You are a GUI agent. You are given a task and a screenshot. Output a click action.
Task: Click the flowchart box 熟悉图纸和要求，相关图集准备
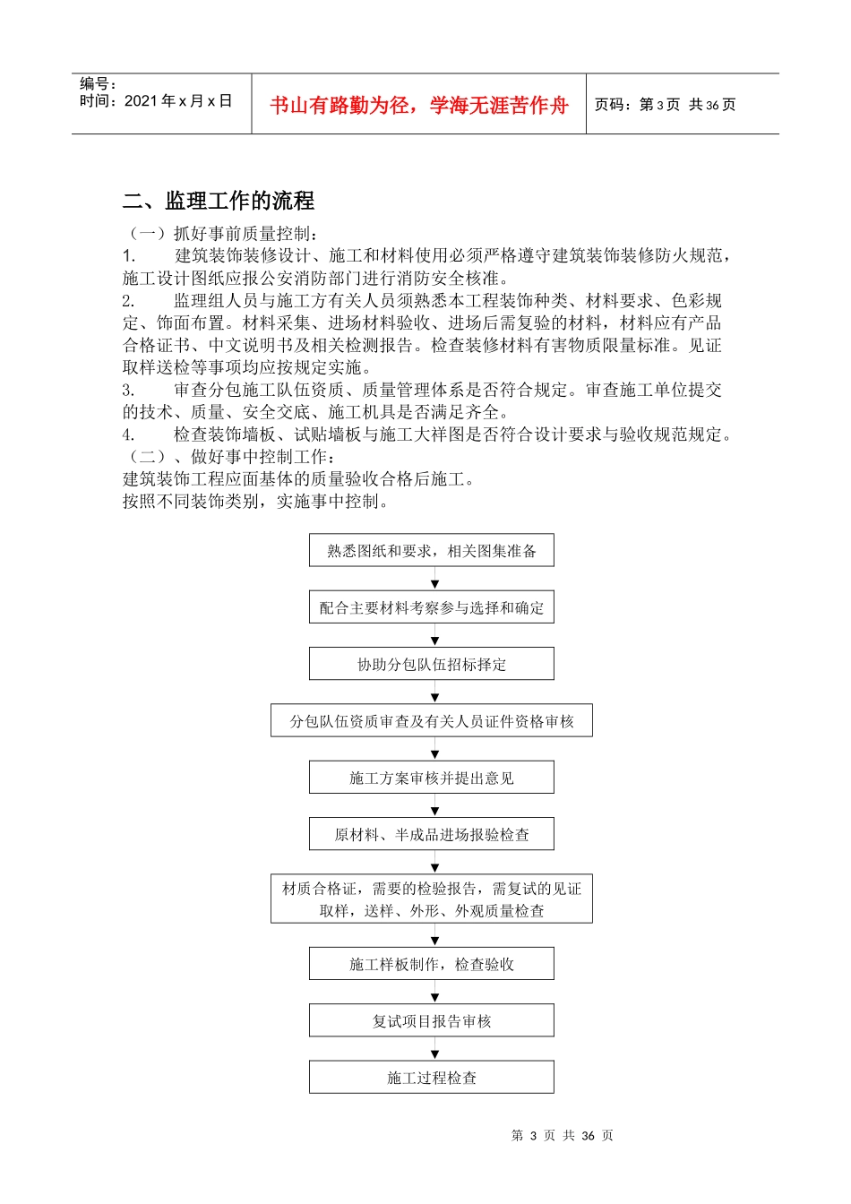pos(432,551)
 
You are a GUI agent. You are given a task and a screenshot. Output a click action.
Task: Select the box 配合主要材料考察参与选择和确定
pos(432,607)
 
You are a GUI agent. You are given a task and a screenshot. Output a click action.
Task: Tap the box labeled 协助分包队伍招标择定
pos(432,664)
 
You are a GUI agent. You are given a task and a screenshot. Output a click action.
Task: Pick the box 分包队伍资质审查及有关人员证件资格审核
pos(432,720)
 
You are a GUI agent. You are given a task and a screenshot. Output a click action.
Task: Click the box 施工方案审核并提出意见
pos(432,778)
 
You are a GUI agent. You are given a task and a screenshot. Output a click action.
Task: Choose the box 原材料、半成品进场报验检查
pos(432,834)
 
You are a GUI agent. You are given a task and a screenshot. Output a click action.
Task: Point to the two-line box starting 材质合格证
pos(432,899)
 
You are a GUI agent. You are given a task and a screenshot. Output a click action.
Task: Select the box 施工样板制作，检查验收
pos(432,964)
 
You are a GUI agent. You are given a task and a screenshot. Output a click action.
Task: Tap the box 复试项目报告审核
pos(432,1020)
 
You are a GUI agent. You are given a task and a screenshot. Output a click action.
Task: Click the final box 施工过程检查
pos(432,1077)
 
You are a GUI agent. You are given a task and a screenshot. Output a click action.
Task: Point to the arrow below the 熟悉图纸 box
pos(435,580)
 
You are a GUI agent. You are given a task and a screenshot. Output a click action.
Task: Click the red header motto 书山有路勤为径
pos(419,106)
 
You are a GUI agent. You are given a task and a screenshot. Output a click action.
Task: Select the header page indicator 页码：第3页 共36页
pos(666,105)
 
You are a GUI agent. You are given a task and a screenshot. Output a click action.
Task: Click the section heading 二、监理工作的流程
pos(219,201)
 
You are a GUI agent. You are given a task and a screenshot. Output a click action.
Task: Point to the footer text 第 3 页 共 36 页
pos(562,1135)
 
